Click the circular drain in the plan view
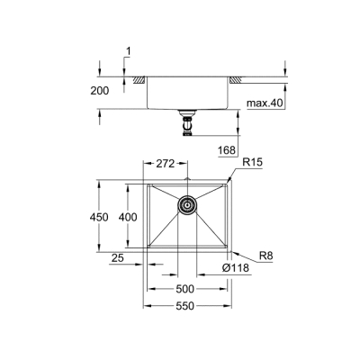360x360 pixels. pos(188,205)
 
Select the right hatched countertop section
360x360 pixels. pos(235,80)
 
